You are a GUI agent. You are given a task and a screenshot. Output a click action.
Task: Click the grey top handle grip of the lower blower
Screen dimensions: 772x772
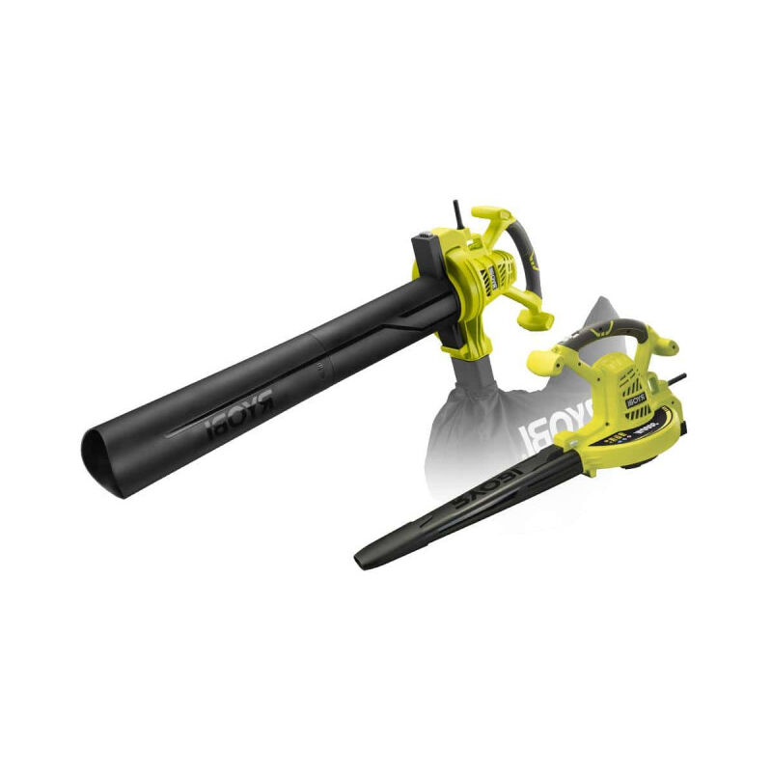(604, 328)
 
